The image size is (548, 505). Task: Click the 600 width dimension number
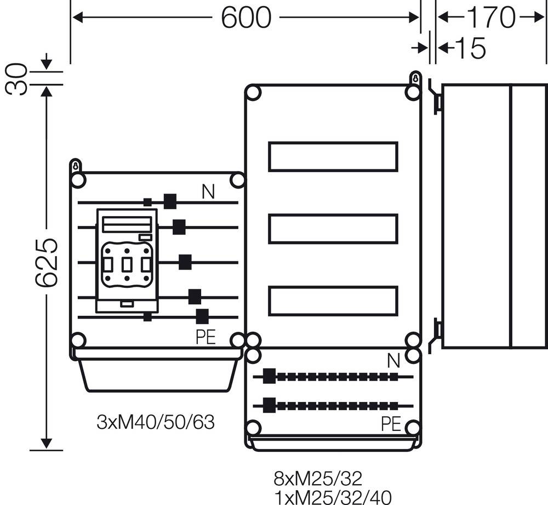tap(246, 18)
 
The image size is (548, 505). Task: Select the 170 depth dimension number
tap(490, 18)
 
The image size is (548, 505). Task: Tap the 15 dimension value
tap(470, 49)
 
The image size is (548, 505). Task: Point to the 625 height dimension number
tap(47, 263)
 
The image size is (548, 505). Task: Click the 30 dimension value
tap(16, 78)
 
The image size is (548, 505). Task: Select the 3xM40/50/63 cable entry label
tap(155, 422)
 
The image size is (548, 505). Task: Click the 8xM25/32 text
tap(318, 479)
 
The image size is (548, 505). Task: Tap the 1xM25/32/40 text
tap(333, 497)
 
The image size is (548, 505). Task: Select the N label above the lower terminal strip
tap(393, 361)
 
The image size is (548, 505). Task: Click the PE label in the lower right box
tap(391, 423)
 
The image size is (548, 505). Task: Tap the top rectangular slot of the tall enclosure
tap(333, 156)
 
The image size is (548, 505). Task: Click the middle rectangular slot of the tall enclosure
tap(333, 229)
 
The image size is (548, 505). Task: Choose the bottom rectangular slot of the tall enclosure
tap(333, 302)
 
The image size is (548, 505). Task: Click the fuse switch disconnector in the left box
tap(127, 260)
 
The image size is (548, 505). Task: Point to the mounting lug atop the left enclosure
tap(76, 166)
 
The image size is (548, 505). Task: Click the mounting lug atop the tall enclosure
tap(415, 78)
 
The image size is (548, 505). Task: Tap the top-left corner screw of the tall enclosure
tap(253, 93)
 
